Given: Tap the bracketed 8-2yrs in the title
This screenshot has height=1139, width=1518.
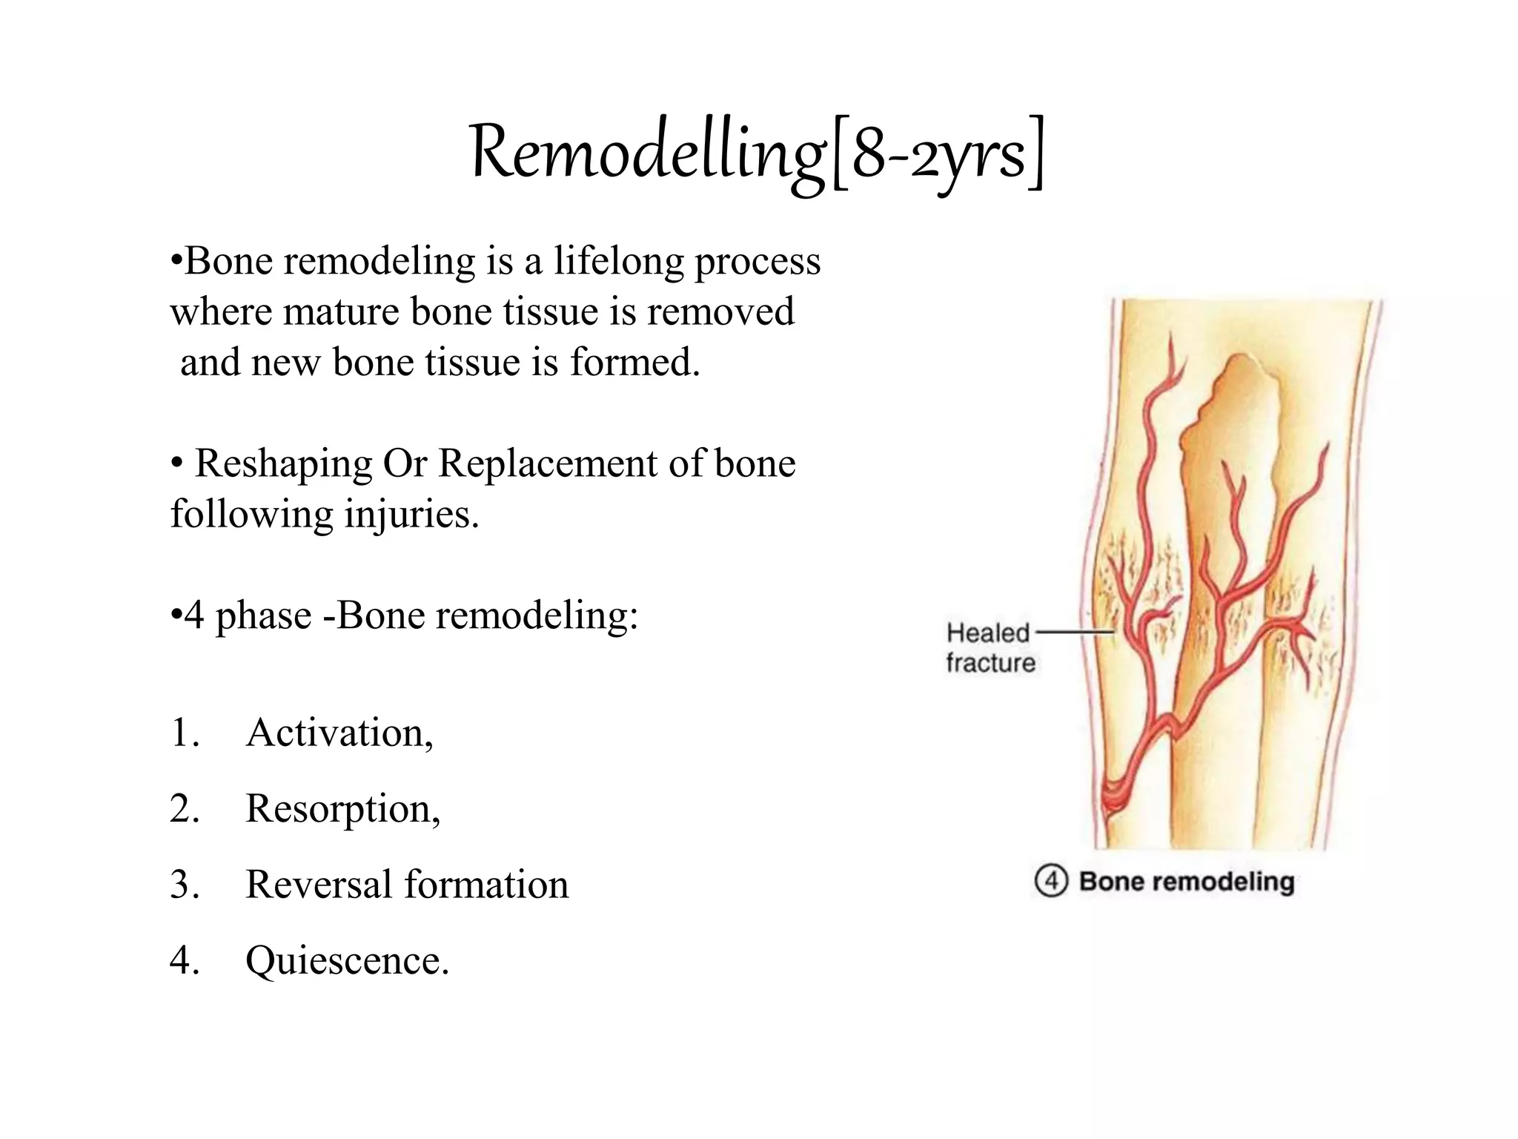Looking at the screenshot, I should (x=938, y=156).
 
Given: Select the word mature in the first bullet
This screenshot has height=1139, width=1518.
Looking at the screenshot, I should (x=341, y=311).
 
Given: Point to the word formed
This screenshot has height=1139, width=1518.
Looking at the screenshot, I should (x=634, y=363).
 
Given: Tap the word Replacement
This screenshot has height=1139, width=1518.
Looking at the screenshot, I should (x=547, y=464).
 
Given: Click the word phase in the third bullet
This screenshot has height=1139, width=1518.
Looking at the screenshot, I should (x=263, y=615).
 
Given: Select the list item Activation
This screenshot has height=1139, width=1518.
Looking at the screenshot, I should (x=339, y=733).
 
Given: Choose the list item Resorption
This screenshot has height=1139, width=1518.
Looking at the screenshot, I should (x=342, y=808).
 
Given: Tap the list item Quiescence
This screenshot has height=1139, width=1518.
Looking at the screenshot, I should (x=347, y=961).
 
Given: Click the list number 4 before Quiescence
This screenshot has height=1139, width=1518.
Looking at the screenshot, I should (x=183, y=961).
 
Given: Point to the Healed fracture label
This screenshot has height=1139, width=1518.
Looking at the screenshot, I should (x=990, y=647).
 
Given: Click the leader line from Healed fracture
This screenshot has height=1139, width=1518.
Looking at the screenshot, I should (x=1075, y=633).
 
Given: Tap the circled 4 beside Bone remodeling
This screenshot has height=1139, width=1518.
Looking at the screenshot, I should (x=1050, y=881).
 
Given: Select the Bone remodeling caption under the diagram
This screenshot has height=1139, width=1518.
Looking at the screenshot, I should (x=1186, y=881).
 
